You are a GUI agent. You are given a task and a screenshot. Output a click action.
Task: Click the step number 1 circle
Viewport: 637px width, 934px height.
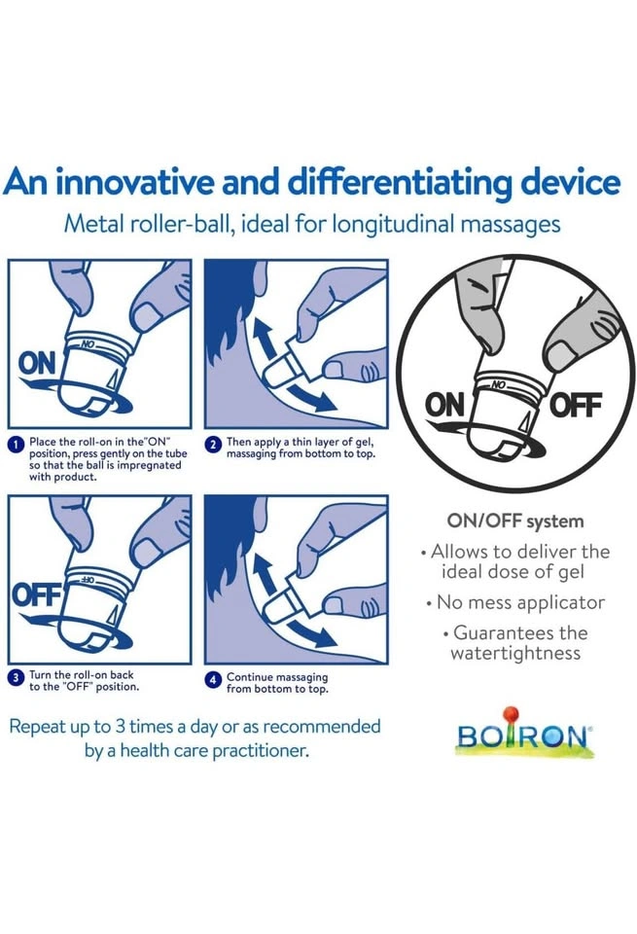tap(18, 445)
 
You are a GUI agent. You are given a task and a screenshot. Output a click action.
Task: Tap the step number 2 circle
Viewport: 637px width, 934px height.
tap(214, 445)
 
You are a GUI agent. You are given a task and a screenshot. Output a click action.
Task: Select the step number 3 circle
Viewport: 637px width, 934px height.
tap(18, 678)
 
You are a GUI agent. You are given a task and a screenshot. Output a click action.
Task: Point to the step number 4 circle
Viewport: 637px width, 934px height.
tap(214, 680)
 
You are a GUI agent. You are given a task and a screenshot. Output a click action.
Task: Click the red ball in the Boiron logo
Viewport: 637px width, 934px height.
tap(511, 713)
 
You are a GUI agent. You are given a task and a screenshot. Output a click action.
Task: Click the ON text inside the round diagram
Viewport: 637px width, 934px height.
tap(444, 406)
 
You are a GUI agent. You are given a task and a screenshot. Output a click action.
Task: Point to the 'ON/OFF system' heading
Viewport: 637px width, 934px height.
tap(515, 521)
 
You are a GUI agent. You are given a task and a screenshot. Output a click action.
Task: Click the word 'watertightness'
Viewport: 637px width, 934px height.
tap(515, 653)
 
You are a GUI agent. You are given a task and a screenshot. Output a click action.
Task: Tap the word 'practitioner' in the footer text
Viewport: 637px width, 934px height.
tap(261, 750)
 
